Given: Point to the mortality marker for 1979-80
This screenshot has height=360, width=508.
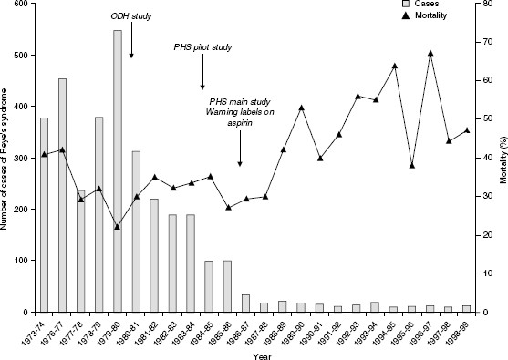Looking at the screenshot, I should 118,227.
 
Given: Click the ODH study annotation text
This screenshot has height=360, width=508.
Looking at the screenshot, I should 131,16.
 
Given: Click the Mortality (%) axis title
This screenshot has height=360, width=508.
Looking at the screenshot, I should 502,157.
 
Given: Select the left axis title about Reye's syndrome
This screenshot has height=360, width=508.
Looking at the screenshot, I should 6,157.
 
